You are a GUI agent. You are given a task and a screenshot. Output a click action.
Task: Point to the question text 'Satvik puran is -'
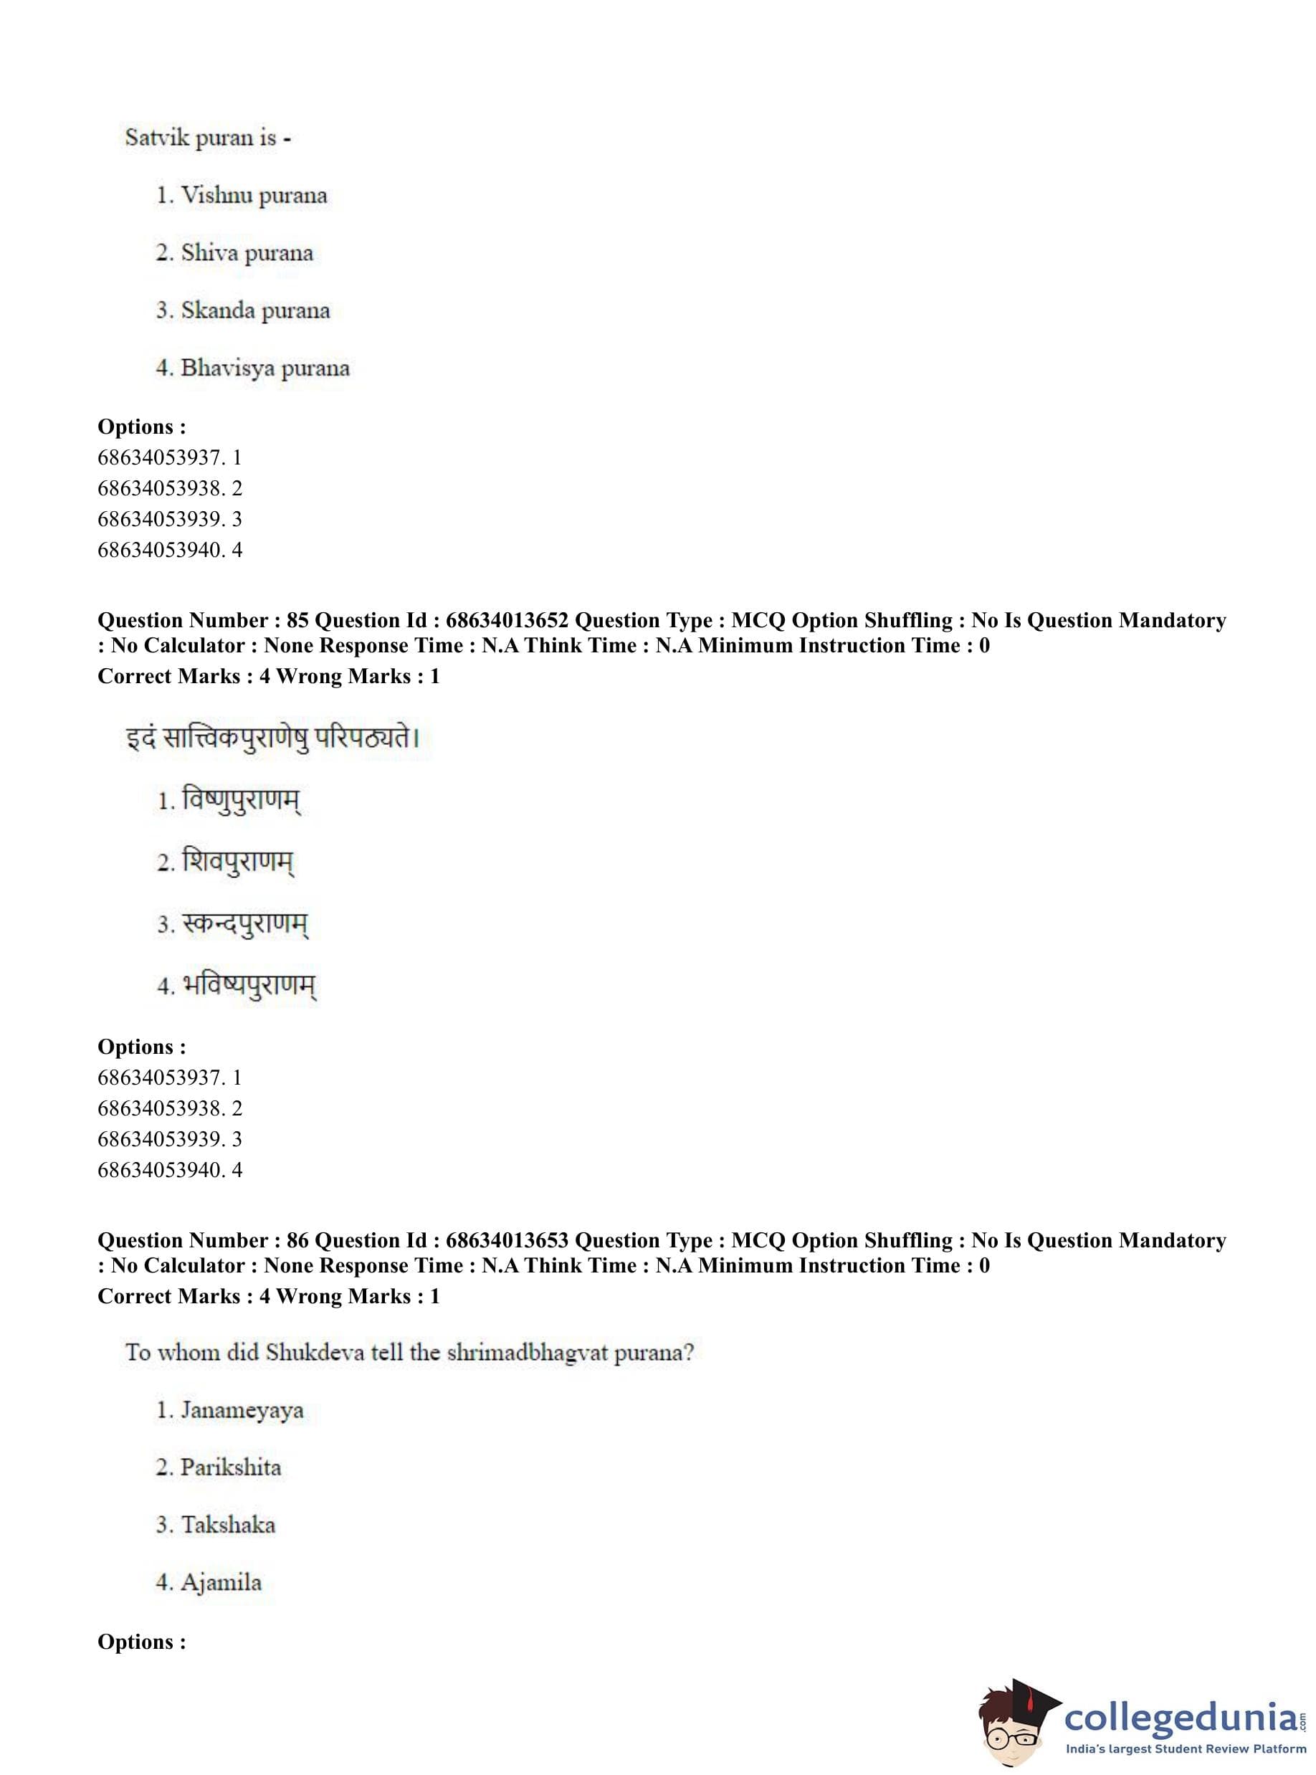pyautogui.click(x=207, y=138)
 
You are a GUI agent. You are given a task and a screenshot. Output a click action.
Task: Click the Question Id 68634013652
pyautogui.click(x=507, y=620)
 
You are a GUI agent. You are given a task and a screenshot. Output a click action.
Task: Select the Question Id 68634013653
pyautogui.click(x=507, y=1239)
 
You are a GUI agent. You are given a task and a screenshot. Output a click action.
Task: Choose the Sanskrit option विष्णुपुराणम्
pyautogui.click(x=242, y=799)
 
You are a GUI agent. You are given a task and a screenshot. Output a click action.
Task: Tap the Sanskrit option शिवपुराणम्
pyautogui.click(x=238, y=861)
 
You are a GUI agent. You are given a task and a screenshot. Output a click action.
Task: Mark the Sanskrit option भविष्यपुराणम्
pyautogui.click(x=249, y=986)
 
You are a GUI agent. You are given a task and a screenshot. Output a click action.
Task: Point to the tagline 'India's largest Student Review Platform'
pyautogui.click(x=1186, y=1749)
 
